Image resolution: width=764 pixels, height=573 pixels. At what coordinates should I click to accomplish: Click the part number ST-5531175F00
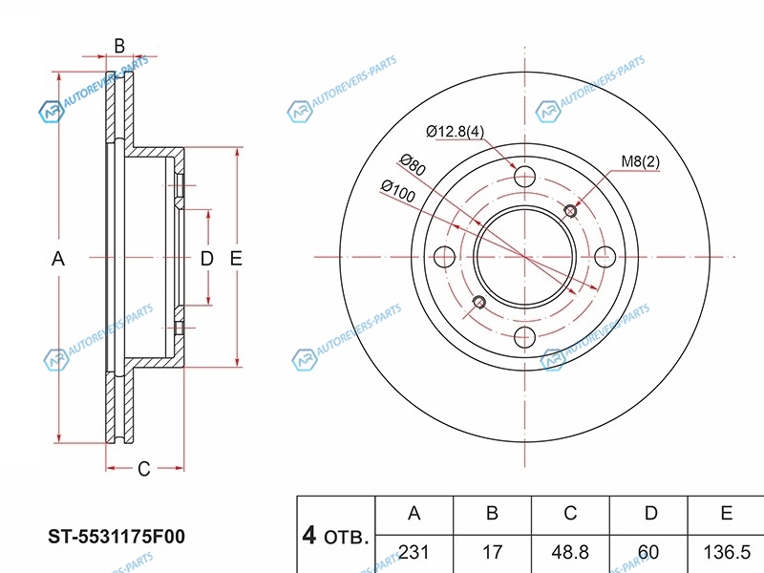pos(117,537)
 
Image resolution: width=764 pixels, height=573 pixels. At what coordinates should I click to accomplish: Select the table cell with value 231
pos(414,552)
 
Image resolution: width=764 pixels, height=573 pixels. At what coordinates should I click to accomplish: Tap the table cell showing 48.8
pos(570,552)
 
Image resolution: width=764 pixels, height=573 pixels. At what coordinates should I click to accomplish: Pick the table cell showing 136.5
pos(727,552)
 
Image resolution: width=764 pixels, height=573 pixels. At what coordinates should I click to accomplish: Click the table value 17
pos(492,552)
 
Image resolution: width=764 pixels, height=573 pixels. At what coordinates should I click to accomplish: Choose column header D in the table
pos(651,513)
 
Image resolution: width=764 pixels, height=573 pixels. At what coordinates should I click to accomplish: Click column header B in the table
pos(492,513)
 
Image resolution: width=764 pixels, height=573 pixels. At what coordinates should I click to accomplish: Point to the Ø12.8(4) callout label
pos(456,131)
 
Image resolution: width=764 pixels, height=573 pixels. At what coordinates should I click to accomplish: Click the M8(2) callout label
pos(640,160)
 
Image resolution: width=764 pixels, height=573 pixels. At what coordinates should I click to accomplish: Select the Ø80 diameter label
pos(413,164)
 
